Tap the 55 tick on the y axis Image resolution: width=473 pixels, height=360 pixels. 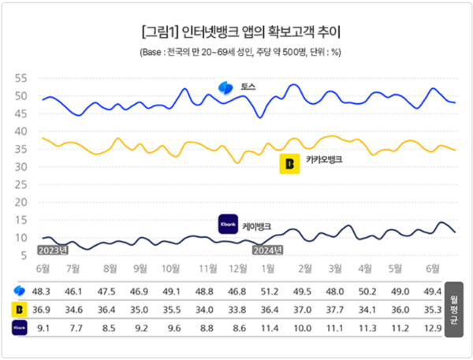(x=20, y=80)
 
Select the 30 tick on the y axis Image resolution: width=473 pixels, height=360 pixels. (x=20, y=167)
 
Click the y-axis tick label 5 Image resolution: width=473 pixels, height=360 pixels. (x=24, y=254)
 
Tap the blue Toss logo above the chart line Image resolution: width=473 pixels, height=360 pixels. (x=226, y=87)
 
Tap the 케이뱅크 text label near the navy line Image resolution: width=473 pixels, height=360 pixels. (x=257, y=226)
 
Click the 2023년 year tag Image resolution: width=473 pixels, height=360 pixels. (x=53, y=250)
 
